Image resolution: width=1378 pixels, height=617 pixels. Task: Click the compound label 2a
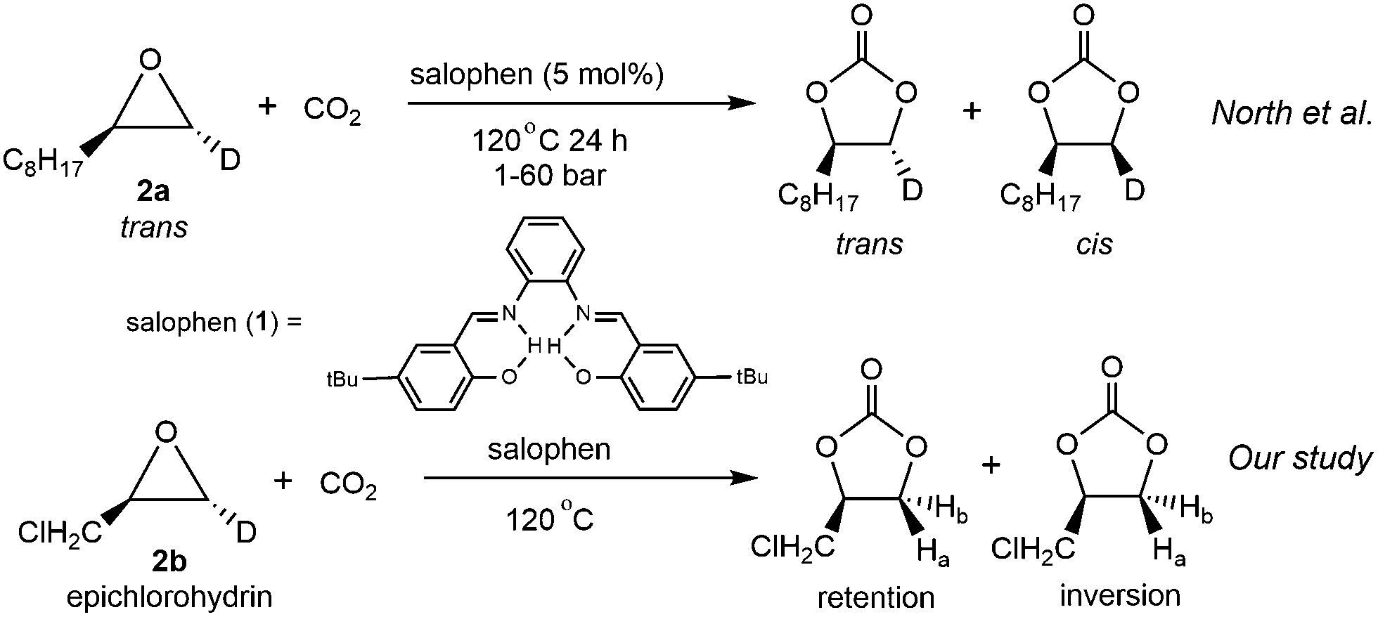tap(153, 190)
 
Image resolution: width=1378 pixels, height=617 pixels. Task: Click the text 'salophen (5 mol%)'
tap(537, 75)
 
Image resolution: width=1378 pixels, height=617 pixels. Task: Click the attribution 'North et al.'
tap(1292, 113)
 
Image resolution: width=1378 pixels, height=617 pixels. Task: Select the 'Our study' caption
tap(1300, 458)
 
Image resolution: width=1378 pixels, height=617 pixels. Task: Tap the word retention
tap(876, 597)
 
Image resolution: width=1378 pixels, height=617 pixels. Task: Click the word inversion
tap(1120, 595)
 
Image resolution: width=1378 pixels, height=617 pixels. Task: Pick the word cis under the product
tap(1094, 244)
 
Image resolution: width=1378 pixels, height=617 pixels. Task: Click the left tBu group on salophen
tap(342, 379)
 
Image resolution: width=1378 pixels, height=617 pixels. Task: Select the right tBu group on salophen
tap(751, 377)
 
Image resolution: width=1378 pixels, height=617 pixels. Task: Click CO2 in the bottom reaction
tap(348, 485)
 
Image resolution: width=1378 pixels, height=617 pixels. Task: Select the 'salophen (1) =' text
tap(213, 323)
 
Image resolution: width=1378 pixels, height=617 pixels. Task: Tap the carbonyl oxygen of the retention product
tap(870, 368)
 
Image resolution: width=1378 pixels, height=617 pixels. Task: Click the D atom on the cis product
tap(1134, 190)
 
